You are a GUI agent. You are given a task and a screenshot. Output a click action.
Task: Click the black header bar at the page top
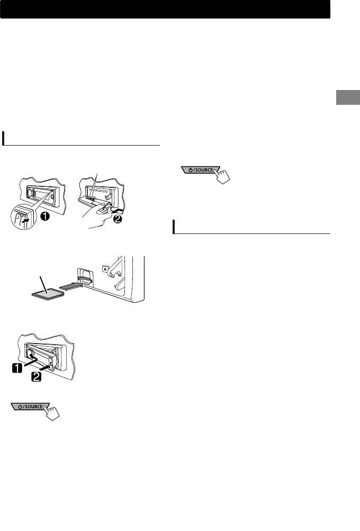[165, 9]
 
